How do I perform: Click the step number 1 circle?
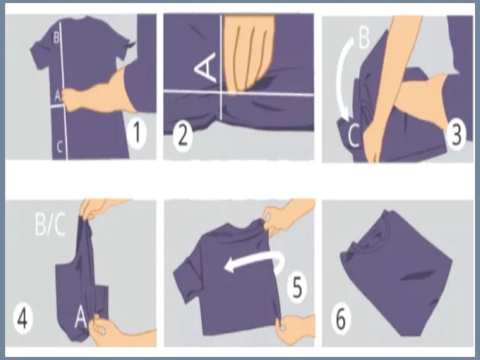137,133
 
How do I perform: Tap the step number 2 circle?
183,135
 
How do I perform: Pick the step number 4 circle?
23,319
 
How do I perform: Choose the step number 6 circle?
341,318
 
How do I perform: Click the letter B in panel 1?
57,38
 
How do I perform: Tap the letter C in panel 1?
60,146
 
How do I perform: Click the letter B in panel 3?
364,39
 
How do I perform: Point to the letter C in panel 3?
354,136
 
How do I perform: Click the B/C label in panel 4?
50,225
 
